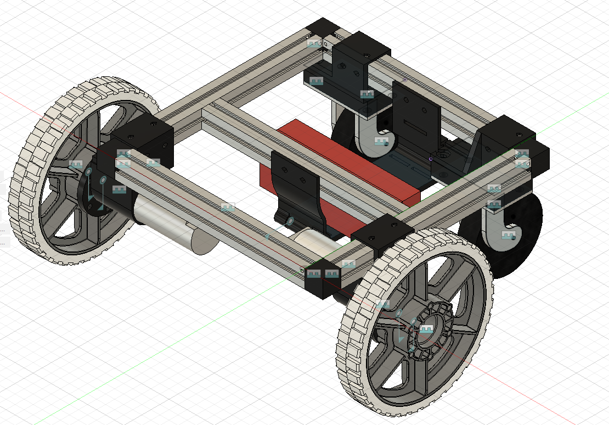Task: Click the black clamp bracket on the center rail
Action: tap(296, 187)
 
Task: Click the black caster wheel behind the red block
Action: tap(343, 132)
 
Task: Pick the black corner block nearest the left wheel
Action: tap(143, 140)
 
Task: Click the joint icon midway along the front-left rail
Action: tap(228, 207)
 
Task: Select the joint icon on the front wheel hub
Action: tap(427, 328)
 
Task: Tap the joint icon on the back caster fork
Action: tap(381, 141)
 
